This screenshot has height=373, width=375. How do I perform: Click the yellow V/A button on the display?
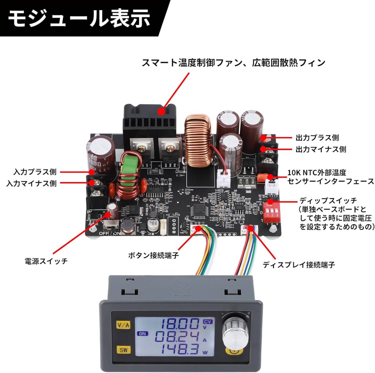[x=123, y=325]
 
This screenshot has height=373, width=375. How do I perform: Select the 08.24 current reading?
[x=177, y=337]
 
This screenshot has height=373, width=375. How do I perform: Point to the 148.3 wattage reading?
[x=177, y=350]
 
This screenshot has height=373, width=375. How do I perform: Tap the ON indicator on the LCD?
[x=142, y=333]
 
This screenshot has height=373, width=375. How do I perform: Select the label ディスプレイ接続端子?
[x=298, y=265]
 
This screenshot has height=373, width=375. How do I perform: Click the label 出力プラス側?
[x=317, y=138]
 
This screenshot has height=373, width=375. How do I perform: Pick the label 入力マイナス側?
[x=31, y=183]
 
